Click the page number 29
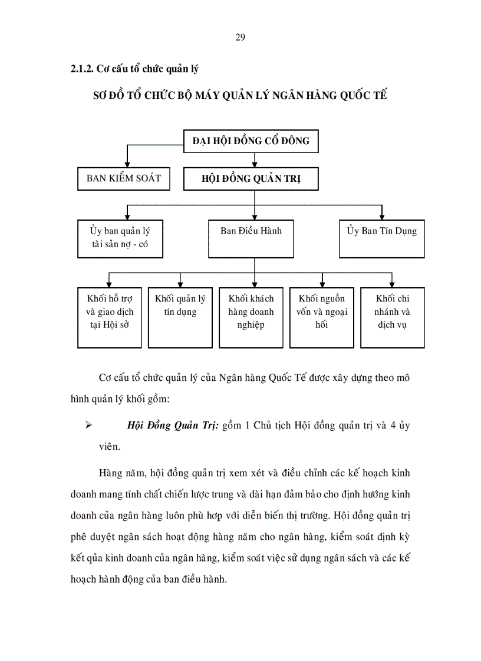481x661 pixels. tap(240, 38)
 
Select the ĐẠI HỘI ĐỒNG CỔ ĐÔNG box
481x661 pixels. tap(251, 141)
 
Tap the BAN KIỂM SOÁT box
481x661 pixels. tap(124, 178)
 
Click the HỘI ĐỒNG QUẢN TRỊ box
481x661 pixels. tap(251, 179)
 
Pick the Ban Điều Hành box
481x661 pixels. tap(251, 239)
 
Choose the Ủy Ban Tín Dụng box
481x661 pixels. tap(382, 239)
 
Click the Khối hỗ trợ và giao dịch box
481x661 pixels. tap(110, 317)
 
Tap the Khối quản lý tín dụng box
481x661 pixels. tap(180, 317)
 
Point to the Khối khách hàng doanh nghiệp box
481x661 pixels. tap(251, 317)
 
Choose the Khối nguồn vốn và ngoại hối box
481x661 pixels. tap(322, 317)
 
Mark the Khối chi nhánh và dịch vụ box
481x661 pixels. tap(393, 317)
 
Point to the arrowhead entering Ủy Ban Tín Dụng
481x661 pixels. tap(382, 216)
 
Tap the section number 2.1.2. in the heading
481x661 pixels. tap(83, 68)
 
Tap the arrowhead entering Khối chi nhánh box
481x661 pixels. tap(393, 283)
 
